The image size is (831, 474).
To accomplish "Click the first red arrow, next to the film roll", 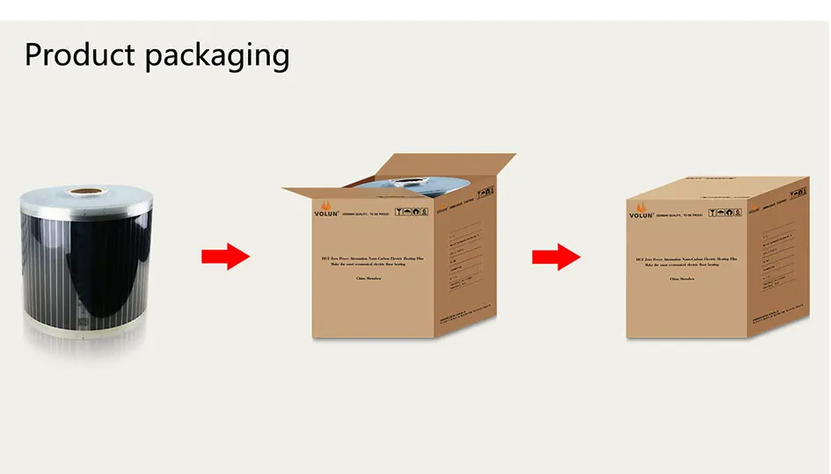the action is click(x=226, y=257).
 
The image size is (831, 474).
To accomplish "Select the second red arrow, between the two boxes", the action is click(x=556, y=257).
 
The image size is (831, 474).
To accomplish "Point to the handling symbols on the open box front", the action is click(x=408, y=213).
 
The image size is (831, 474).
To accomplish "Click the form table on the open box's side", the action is click(x=463, y=260).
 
